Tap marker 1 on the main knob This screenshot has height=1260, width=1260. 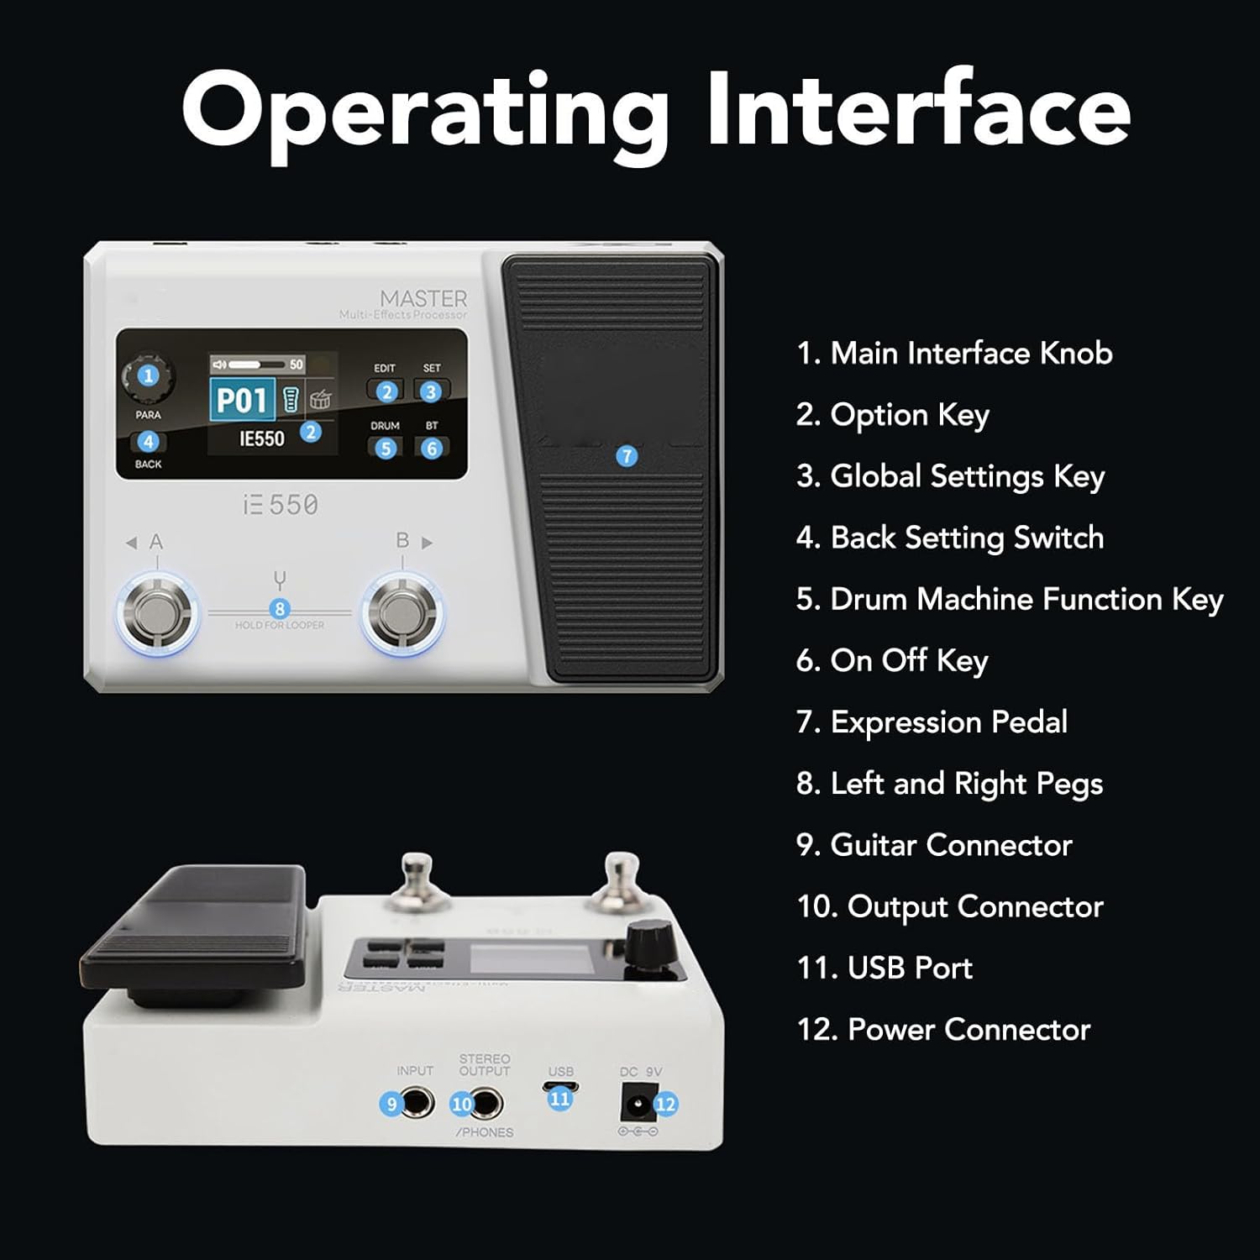[x=149, y=375]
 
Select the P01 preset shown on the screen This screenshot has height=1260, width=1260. [x=242, y=400]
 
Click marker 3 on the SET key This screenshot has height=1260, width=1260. [x=431, y=391]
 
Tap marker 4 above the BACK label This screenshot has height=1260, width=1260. [x=148, y=442]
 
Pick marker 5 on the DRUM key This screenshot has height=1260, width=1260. [x=386, y=449]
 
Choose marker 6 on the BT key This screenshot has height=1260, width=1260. [x=432, y=449]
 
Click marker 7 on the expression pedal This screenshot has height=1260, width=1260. [x=627, y=456]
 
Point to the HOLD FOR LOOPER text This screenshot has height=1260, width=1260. [x=280, y=625]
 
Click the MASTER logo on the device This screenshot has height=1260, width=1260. [x=423, y=299]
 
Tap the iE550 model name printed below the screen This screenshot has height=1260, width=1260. [x=281, y=505]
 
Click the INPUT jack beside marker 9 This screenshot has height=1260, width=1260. [x=417, y=1102]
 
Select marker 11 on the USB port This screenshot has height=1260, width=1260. [x=560, y=1098]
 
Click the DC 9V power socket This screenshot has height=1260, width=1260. [x=636, y=1102]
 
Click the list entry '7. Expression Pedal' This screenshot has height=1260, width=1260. [x=932, y=722]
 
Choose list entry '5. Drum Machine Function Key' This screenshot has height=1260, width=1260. [x=1009, y=600]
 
